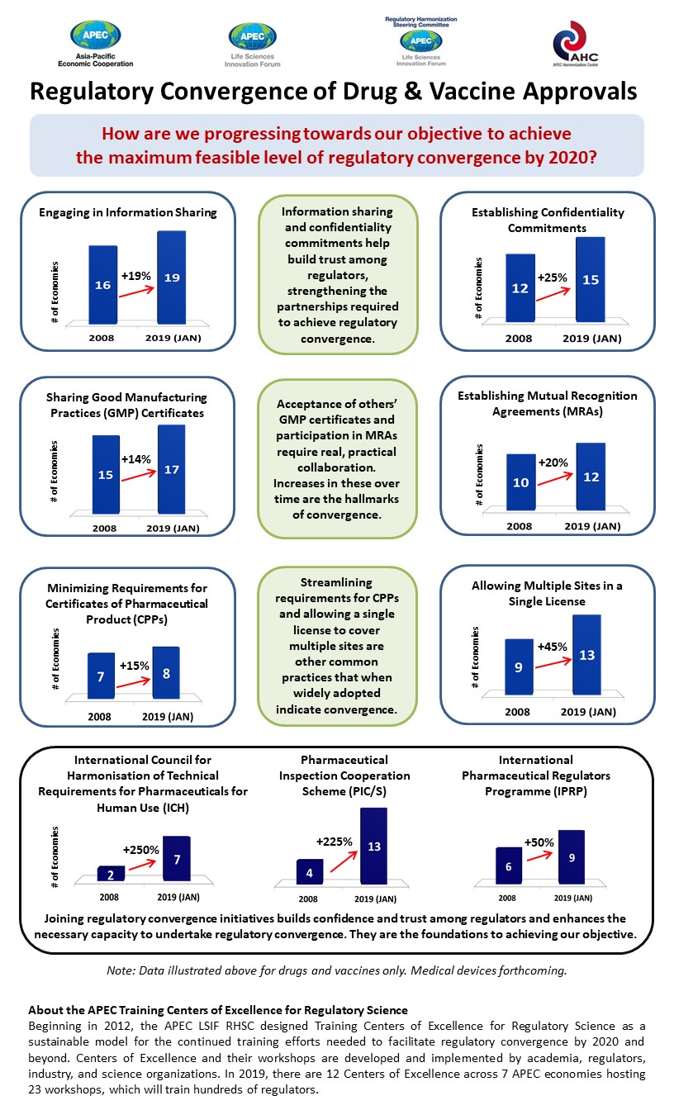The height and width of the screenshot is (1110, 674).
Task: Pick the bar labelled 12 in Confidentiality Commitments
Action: coord(520,288)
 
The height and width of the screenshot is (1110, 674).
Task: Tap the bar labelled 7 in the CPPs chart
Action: coord(101,675)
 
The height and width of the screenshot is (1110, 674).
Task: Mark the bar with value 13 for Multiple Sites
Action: coord(586,656)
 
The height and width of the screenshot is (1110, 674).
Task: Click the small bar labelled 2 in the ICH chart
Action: coord(111,874)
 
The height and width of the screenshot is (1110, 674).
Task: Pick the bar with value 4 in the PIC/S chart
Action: coord(309,872)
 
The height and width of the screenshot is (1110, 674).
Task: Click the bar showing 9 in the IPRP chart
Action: coord(571,857)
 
